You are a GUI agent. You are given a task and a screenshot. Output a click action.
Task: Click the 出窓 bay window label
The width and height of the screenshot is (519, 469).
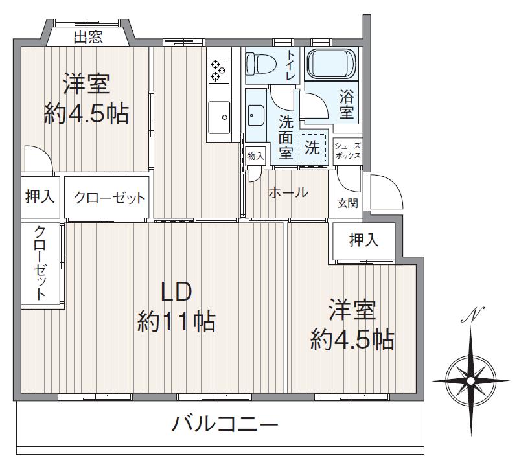[87, 38]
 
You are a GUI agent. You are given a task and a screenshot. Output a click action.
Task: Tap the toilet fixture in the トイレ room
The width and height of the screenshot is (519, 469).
[262, 64]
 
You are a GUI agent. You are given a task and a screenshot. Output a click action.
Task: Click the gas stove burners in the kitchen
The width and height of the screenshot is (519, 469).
[218, 70]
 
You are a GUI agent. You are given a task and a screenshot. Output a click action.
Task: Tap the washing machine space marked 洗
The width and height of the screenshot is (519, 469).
[312, 147]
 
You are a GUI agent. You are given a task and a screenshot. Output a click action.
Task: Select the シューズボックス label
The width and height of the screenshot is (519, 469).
[347, 151]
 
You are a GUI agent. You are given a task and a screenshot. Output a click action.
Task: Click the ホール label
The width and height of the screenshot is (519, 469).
[288, 192]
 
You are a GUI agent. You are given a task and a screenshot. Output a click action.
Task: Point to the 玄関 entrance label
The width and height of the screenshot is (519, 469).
[347, 203]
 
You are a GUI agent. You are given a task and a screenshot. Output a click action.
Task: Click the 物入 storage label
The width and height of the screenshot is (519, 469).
[256, 155]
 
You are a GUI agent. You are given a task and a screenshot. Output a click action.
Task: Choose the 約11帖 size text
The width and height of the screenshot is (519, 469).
[176, 321]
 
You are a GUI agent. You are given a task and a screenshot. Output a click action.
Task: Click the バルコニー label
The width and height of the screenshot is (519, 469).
[225, 425]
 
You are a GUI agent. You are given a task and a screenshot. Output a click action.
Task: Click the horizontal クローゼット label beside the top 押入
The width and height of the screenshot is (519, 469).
[109, 198]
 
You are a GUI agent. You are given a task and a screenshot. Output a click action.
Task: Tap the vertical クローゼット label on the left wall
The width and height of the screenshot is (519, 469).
[40, 263]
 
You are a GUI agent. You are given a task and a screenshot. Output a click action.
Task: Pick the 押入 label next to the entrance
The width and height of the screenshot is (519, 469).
[363, 241]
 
